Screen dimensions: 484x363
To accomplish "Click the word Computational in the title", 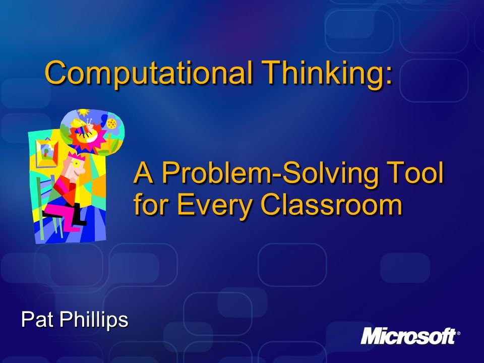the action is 148,72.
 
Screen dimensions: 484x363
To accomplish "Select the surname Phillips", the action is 94,320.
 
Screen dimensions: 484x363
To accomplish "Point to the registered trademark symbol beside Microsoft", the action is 458,333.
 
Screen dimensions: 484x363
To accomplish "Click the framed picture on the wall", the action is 46,153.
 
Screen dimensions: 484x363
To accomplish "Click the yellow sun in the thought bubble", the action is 83,112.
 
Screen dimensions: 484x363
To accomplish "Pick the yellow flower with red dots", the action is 111,124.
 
